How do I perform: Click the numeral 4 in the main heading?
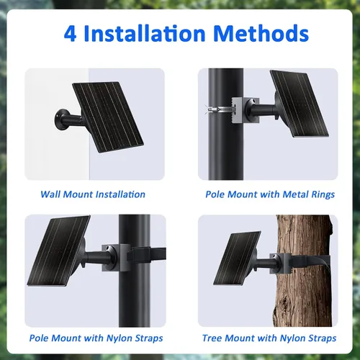click(71, 34)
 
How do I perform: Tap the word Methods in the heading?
click(261, 33)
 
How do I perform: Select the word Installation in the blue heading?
click(145, 33)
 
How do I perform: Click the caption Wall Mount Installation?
click(93, 194)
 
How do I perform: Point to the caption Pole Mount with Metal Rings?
click(270, 194)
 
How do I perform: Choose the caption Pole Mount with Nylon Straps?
click(96, 338)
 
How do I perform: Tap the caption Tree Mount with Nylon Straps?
click(269, 338)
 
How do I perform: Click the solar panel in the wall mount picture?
click(108, 117)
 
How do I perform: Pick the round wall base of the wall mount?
click(60, 120)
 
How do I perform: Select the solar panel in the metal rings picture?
click(300, 104)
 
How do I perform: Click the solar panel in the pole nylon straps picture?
click(59, 251)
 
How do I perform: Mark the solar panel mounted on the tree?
click(237, 258)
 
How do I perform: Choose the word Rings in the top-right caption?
click(323, 194)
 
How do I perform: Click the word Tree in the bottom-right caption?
click(212, 338)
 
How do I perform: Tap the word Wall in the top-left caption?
click(50, 194)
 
